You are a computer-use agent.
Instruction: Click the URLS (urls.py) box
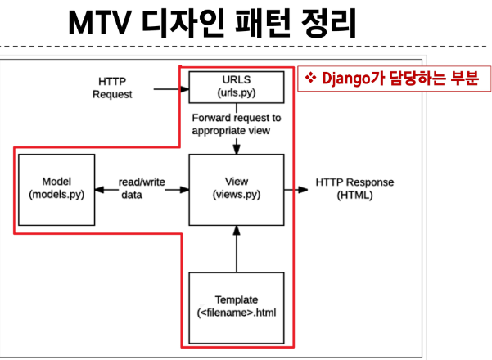coord(237,86)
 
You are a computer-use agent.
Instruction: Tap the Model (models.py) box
coord(52,189)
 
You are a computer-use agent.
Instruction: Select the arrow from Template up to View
coord(237,250)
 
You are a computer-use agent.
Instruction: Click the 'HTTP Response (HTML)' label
coord(354,189)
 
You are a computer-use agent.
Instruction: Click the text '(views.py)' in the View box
coord(237,196)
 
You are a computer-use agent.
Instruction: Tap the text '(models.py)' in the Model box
coord(52,196)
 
